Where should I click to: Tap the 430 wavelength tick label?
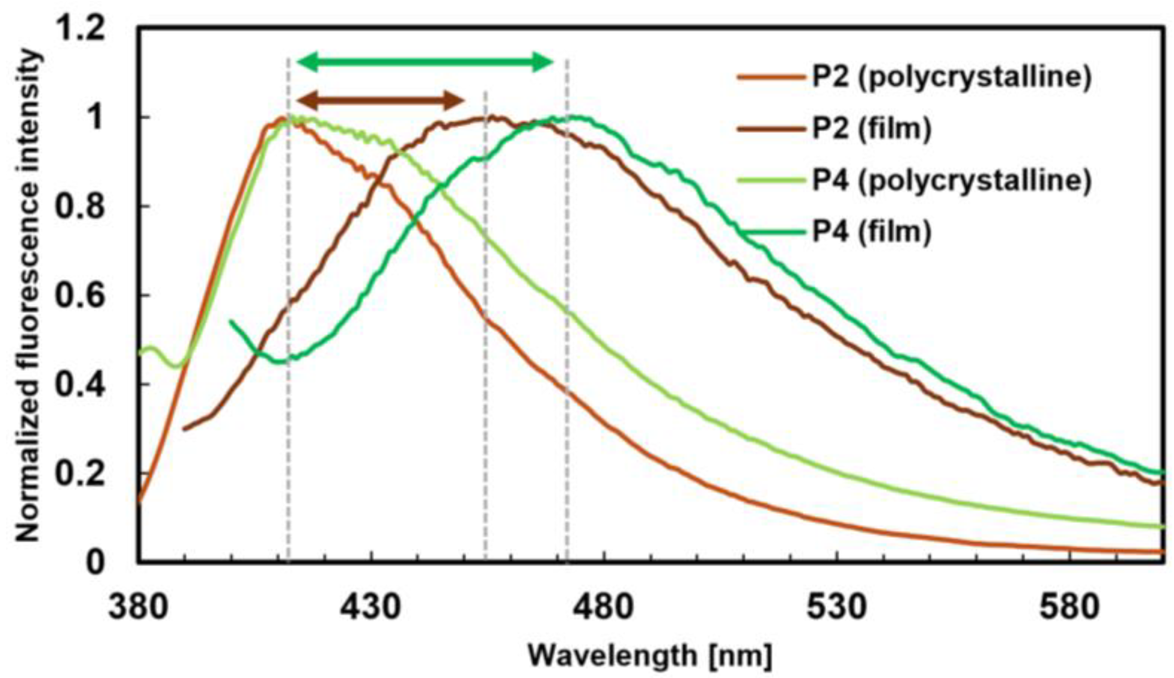point(371,608)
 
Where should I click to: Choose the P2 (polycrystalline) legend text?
point(951,77)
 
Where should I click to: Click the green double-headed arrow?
point(425,62)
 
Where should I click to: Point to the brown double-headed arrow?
point(380,100)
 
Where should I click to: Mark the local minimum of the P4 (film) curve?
point(280,362)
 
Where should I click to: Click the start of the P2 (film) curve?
point(184,429)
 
